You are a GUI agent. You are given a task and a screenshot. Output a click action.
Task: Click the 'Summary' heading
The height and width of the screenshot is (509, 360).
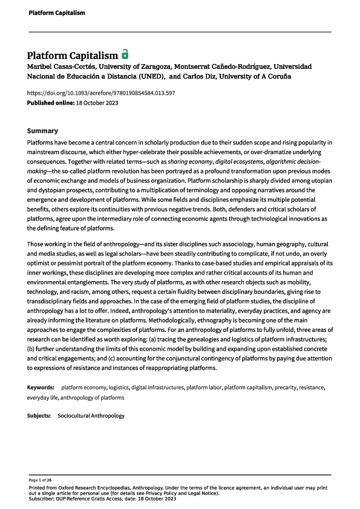[x=42, y=131]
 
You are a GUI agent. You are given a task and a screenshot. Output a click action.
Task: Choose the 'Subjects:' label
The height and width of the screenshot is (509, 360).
[x=39, y=417]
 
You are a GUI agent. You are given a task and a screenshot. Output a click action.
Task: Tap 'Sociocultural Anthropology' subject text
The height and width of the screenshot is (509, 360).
[x=91, y=417]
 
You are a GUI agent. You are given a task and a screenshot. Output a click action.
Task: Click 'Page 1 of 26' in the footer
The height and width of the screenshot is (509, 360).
[x=39, y=479]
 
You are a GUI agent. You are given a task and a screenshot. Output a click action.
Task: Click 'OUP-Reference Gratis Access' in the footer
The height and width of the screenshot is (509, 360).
[x=92, y=499]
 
